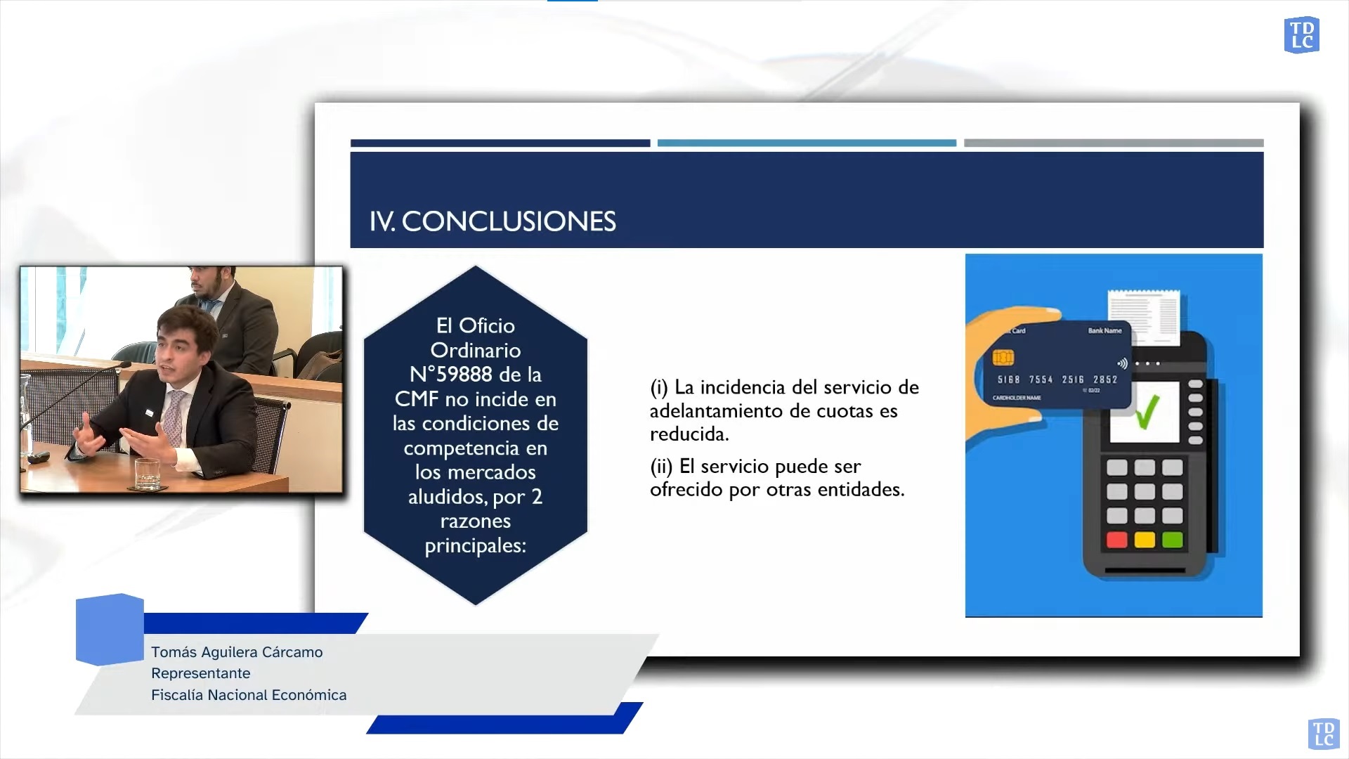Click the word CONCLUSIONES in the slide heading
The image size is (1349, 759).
pos(509,221)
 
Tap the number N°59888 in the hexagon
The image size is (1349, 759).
pos(451,374)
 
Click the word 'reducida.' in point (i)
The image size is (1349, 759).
pos(689,434)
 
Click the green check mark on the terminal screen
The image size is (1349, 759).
pos(1147,412)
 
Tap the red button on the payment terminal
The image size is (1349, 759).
pos(1117,540)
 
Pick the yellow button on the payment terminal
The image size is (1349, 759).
pos(1145,540)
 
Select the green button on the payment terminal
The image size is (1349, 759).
pos(1172,540)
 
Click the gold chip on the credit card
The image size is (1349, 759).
pos(1003,358)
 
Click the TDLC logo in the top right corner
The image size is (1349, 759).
pos(1302,35)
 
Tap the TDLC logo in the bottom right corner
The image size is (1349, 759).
pos(1323,734)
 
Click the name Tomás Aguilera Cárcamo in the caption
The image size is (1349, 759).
pos(237,652)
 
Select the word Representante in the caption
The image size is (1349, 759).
pos(201,673)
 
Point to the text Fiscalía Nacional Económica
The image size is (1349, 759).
pos(249,695)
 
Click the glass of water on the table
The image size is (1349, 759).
pos(148,474)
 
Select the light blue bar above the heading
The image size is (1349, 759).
pos(807,143)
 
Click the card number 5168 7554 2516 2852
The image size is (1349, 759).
pos(1057,379)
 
